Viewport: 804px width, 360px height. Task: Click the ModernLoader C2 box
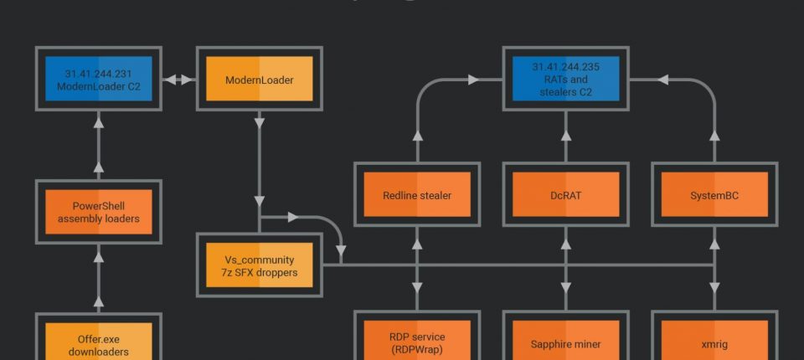pos(99,79)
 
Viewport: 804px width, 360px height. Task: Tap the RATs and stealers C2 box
pos(566,79)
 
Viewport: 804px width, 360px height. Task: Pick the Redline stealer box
pos(417,195)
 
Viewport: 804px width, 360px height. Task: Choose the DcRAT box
pos(566,195)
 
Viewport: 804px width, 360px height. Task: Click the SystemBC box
pos(714,195)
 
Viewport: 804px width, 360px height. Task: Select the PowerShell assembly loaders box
pos(99,213)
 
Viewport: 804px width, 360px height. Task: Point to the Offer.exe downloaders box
pos(99,342)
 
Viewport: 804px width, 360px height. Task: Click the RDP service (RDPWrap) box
pos(417,342)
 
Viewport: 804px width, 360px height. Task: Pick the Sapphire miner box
pos(566,343)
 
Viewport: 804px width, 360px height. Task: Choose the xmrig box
pos(714,343)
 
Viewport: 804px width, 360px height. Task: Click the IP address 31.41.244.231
pos(99,72)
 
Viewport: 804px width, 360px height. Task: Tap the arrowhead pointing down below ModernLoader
pos(259,124)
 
